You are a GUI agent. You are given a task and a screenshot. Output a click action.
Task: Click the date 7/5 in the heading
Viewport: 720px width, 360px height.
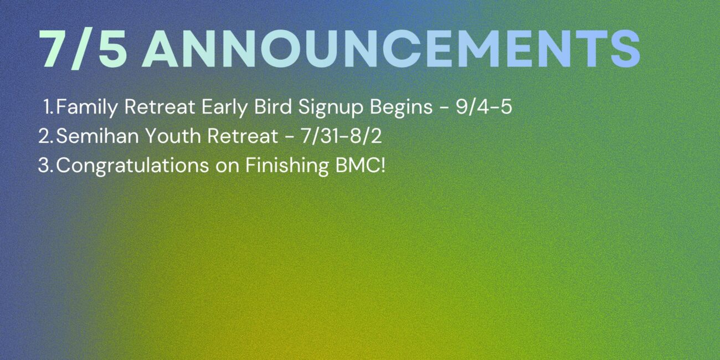tap(83, 49)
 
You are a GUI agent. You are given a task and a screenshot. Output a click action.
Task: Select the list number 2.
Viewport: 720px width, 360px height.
tap(45, 136)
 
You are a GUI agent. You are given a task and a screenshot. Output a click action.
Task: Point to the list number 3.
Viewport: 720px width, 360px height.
tap(45, 166)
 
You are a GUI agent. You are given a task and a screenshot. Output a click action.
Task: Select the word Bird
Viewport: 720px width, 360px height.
tap(273, 106)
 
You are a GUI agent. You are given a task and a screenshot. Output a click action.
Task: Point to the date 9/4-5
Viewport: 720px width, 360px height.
tap(484, 107)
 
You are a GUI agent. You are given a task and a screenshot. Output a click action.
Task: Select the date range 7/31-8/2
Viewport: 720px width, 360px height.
tap(341, 136)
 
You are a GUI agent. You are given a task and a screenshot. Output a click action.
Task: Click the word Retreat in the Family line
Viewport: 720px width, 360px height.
tap(160, 107)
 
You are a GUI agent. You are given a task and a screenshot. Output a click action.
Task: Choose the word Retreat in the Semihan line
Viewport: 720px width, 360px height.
tap(243, 136)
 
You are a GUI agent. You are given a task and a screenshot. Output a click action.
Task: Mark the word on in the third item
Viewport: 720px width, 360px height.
tap(227, 167)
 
